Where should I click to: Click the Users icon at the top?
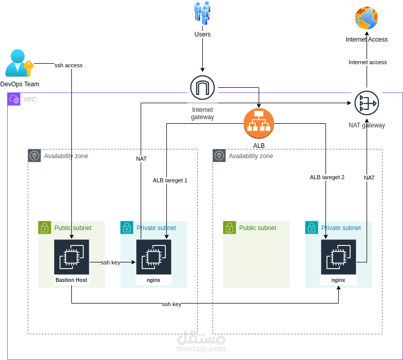(x=202, y=13)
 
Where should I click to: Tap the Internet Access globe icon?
(x=367, y=18)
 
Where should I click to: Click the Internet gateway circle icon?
(x=202, y=88)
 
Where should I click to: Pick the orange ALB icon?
(x=259, y=124)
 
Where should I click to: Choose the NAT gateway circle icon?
(x=367, y=103)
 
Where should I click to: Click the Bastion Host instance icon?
(x=71, y=257)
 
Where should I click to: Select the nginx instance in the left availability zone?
(x=153, y=257)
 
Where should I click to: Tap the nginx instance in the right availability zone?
(x=338, y=257)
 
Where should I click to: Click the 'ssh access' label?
(x=68, y=65)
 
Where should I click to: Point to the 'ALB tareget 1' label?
(x=170, y=180)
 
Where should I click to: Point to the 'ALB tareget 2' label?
(x=327, y=177)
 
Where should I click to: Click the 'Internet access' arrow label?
(x=368, y=62)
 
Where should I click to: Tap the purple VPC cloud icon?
(x=14, y=99)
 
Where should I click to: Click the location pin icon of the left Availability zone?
(x=34, y=156)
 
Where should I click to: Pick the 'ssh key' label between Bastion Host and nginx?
(x=110, y=262)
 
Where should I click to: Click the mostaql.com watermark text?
(x=201, y=349)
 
